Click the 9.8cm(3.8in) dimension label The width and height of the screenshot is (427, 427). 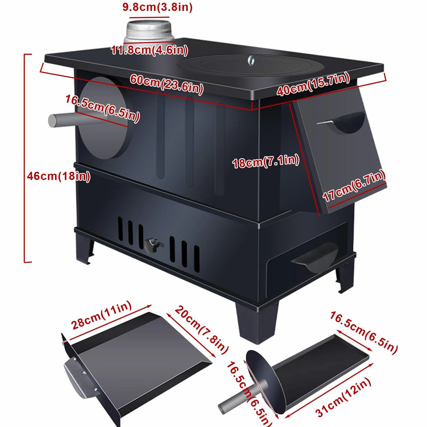[x=157, y=7]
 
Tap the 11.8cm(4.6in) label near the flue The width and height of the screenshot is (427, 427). [x=149, y=50]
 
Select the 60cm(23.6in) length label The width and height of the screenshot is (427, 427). [x=167, y=84]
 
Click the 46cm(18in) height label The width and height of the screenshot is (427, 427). [x=59, y=176]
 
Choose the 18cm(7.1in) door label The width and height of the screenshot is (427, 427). [x=266, y=161]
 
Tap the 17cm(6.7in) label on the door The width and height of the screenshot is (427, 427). [x=354, y=185]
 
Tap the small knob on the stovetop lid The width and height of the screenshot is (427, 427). [x=251, y=60]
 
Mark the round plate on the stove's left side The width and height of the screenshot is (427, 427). [x=103, y=118]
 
